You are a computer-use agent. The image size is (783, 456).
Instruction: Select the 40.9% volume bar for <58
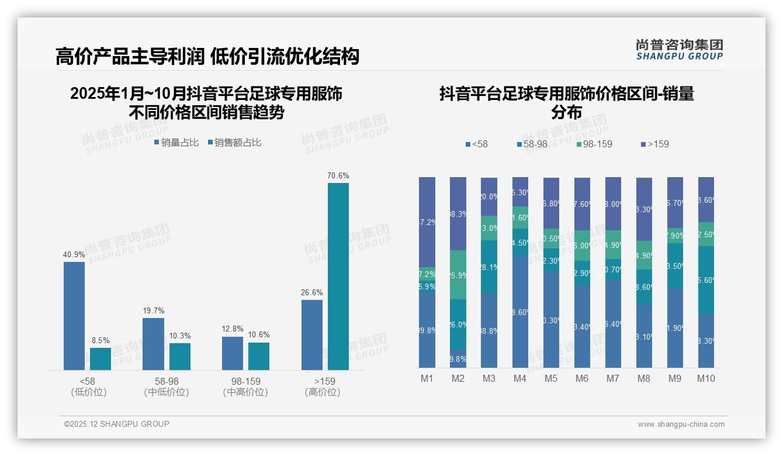click(x=74, y=316)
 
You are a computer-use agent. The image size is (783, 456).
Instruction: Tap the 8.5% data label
click(x=101, y=340)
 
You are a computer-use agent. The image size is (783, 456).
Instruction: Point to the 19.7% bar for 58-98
click(x=153, y=344)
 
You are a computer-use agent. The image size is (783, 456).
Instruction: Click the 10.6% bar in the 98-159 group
click(x=259, y=356)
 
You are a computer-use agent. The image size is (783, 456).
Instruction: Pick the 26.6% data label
click(x=312, y=292)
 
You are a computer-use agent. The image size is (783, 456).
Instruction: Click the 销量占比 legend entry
click(x=176, y=143)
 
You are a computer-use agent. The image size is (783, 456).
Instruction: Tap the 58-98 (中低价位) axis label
click(x=167, y=386)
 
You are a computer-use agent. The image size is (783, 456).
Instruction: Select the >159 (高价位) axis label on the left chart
click(x=323, y=386)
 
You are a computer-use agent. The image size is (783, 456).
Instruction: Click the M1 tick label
click(x=427, y=378)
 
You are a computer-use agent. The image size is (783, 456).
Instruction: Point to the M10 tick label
click(x=706, y=378)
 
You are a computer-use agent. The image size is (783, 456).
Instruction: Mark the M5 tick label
click(x=551, y=378)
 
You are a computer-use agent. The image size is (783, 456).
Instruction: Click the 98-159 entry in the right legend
click(x=594, y=144)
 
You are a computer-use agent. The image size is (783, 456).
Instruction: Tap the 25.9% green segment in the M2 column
click(x=458, y=275)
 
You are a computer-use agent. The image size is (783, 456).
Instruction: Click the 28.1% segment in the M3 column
click(x=489, y=267)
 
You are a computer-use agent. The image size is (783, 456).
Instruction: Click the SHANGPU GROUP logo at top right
click(x=680, y=50)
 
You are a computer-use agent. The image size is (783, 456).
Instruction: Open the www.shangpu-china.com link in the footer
click(x=681, y=424)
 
